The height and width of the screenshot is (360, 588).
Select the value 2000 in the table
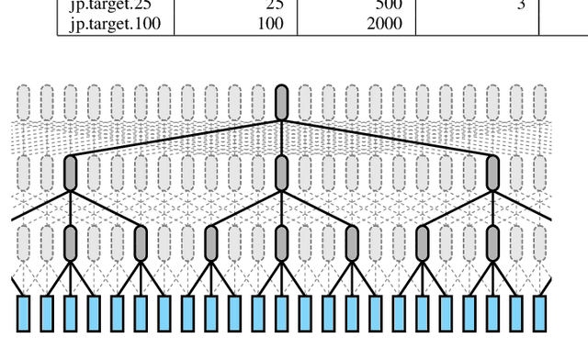click(x=383, y=23)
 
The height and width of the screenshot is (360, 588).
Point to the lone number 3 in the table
click(x=520, y=6)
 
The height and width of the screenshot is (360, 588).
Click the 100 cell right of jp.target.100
click(x=271, y=23)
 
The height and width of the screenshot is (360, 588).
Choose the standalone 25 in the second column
click(x=275, y=6)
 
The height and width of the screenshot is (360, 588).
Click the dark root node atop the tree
click(x=282, y=102)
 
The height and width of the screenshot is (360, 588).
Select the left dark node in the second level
click(x=71, y=173)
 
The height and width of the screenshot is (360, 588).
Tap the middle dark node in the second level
click(x=282, y=173)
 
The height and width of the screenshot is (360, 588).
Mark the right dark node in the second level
click(x=492, y=173)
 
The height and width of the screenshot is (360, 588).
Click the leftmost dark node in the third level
click(x=71, y=242)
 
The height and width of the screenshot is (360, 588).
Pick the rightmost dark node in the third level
click(x=492, y=242)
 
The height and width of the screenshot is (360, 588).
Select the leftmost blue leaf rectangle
click(x=24, y=312)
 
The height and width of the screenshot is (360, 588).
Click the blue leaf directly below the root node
click(x=282, y=312)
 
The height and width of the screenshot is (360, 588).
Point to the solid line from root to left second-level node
click(x=175, y=138)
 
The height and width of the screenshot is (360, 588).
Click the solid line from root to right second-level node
click(x=388, y=138)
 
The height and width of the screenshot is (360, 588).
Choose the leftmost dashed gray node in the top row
click(x=24, y=102)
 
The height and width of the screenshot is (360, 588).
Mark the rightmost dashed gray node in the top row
click(x=539, y=102)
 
